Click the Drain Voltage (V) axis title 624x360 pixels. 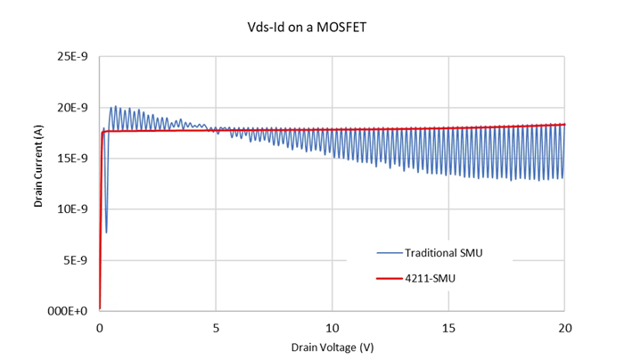(332, 346)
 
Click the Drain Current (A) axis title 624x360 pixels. (39, 184)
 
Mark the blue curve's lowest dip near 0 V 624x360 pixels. (106, 233)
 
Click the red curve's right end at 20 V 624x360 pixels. (564, 125)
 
